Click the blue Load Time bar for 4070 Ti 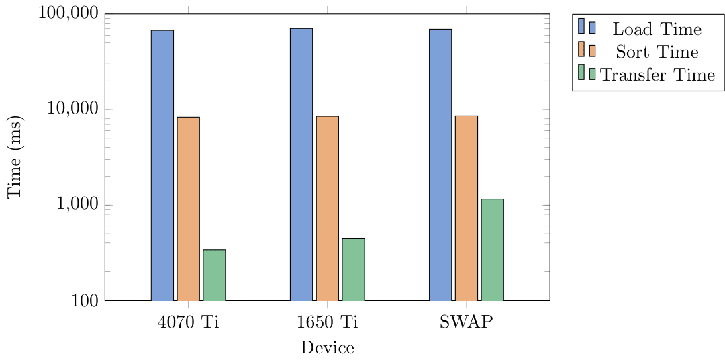click(162, 165)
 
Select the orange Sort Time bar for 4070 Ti click(188, 208)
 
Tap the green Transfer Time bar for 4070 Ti click(214, 275)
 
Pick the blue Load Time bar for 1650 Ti click(301, 164)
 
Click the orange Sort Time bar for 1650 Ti click(327, 208)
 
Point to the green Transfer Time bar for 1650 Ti click(353, 269)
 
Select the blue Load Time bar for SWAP click(440, 165)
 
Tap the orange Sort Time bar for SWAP click(466, 208)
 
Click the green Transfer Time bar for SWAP click(492, 249)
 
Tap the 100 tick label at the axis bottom click(85, 302)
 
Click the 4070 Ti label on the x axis click(188, 322)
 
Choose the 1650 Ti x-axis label click(327, 322)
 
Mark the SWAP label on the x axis click(466, 322)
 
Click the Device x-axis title click(327, 348)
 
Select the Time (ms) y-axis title click(15, 157)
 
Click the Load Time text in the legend click(657, 30)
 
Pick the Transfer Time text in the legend click(658, 75)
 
